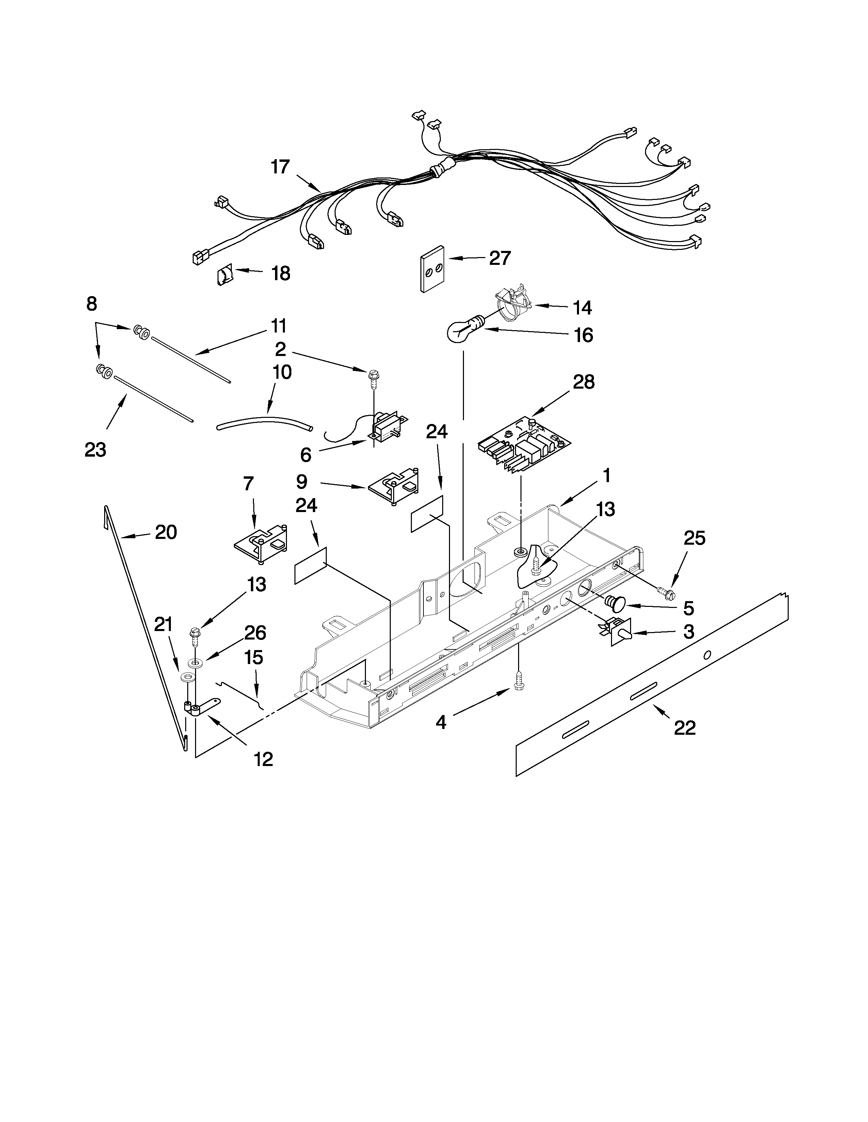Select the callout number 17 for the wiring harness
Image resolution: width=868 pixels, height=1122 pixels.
281,167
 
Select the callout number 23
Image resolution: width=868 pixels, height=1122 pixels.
96,449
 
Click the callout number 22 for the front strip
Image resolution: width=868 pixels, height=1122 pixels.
685,728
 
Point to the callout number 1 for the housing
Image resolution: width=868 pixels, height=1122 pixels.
606,476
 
